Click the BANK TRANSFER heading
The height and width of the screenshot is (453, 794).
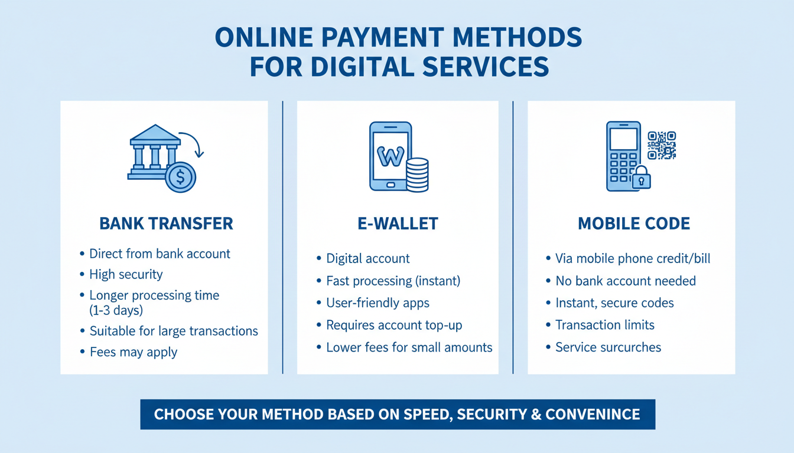[166, 224]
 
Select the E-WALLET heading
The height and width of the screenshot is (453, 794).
[398, 224]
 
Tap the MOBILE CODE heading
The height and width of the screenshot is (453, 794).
[633, 224]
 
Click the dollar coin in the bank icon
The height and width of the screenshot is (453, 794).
[180, 177]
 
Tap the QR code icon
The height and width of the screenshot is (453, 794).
[661, 145]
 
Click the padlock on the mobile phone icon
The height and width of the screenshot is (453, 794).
[641, 178]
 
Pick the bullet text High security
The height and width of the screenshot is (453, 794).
[126, 274]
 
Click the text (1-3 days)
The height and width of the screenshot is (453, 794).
[116, 310]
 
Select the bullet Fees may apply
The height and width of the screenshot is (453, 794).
[133, 352]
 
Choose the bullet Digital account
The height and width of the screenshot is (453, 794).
[368, 258]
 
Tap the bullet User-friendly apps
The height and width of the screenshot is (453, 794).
[378, 303]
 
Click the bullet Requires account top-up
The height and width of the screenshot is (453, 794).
[394, 325]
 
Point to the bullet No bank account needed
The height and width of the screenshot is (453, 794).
[626, 281]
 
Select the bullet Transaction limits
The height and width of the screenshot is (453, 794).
[605, 325]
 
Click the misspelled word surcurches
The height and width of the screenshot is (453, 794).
[630, 347]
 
